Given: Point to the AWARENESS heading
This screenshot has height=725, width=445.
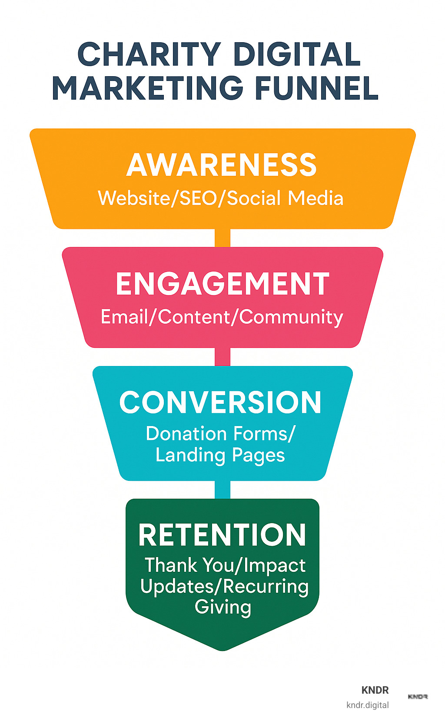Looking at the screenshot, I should (x=222, y=165).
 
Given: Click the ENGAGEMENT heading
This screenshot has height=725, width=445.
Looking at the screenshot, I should (x=222, y=284).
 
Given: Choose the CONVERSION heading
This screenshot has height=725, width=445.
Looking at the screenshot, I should (x=220, y=402).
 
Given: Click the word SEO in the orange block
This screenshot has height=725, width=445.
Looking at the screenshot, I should (x=198, y=198).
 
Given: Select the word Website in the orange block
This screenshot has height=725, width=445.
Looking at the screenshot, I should (x=134, y=198).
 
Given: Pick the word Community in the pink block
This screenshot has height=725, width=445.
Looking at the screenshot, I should (x=291, y=318).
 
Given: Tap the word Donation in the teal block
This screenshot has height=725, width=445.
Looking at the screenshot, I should (x=186, y=434).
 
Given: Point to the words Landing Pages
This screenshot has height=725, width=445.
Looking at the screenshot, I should (x=220, y=455).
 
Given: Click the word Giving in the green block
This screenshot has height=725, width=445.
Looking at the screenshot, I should (x=222, y=607).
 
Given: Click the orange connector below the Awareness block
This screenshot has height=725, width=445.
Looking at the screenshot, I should (x=222, y=238).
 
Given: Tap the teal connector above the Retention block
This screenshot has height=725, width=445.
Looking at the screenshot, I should (x=222, y=490).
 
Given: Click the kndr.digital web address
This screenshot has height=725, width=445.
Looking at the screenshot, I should (x=368, y=705).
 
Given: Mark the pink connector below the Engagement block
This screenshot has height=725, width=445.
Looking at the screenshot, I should (x=222, y=357).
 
